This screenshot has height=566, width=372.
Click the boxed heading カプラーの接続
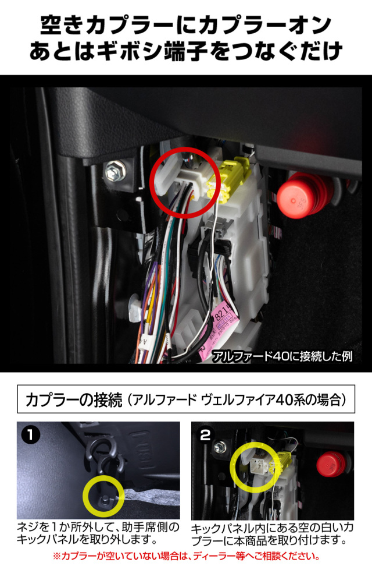tap(73, 401)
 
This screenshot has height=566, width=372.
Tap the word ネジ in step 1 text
tap(30, 528)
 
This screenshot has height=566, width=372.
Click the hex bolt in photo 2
tap(219, 447)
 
